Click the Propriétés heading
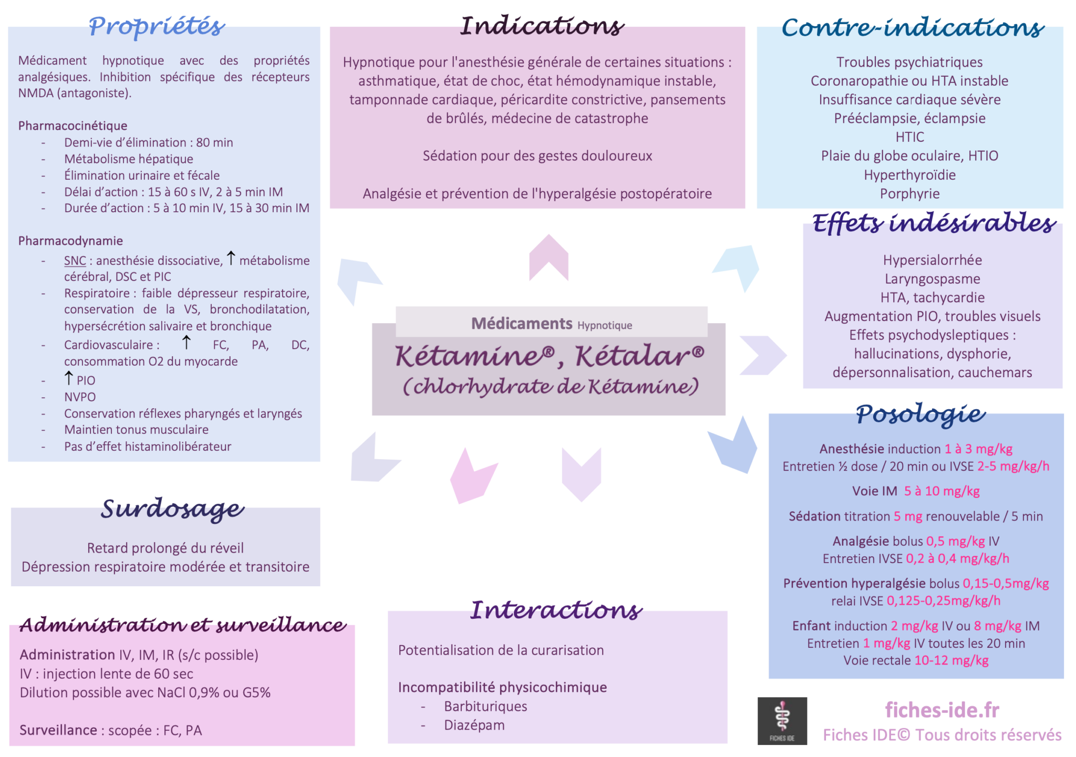pyautogui.click(x=157, y=26)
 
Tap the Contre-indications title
pyautogui.click(x=913, y=27)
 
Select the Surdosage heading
pyautogui.click(x=172, y=509)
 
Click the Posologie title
pyautogui.click(x=920, y=414)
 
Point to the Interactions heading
pyautogui.click(x=556, y=610)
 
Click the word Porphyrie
pyautogui.click(x=909, y=193)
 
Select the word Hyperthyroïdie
pyautogui.click(x=909, y=174)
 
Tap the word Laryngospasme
pyautogui.click(x=932, y=278)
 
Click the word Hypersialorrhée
pyautogui.click(x=932, y=260)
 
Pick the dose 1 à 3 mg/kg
pyautogui.click(x=978, y=449)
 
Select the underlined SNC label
pyautogui.click(x=75, y=261)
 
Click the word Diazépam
pyautogui.click(x=474, y=725)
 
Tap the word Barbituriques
pyautogui.click(x=485, y=706)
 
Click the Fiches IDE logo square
pyautogui.click(x=782, y=721)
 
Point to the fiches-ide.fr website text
pyautogui.click(x=942, y=710)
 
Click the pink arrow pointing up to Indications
pyautogui.click(x=549, y=257)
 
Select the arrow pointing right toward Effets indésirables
pyautogui.click(x=763, y=355)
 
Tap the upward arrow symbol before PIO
pyautogui.click(x=68, y=377)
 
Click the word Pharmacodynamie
pyautogui.click(x=70, y=241)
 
